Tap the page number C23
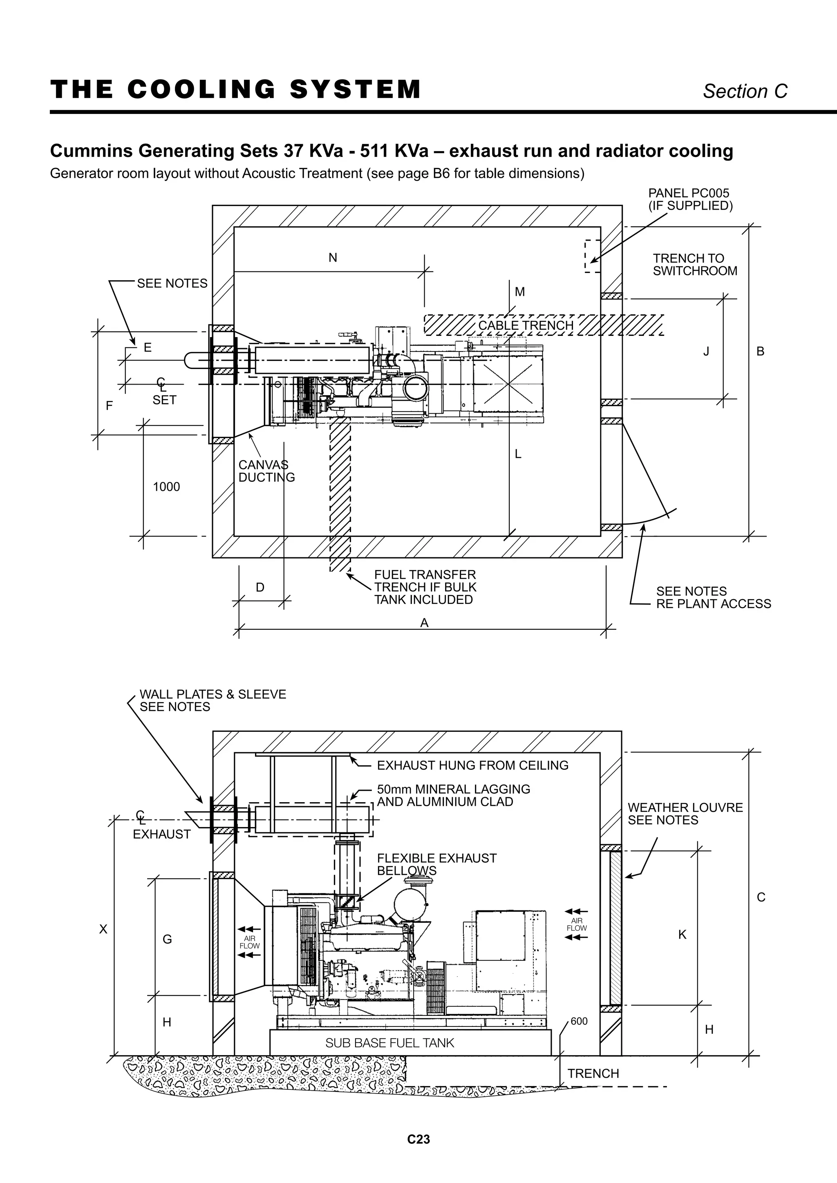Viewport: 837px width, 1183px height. pyautogui.click(x=418, y=1139)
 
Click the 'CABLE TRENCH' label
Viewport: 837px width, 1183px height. pyautogui.click(x=525, y=325)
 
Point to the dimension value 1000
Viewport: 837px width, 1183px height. pyautogui.click(x=166, y=487)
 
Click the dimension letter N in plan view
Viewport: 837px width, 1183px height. pyautogui.click(x=333, y=257)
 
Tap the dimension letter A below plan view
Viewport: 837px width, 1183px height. pyautogui.click(x=424, y=623)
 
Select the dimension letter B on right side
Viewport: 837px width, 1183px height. pyautogui.click(x=760, y=351)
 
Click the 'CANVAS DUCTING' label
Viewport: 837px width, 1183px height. pyautogui.click(x=266, y=471)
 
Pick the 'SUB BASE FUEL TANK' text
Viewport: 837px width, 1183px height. pyautogui.click(x=389, y=1043)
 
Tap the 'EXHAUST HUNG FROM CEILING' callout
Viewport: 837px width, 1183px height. pyautogui.click(x=472, y=765)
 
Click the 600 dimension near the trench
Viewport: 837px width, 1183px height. pyautogui.click(x=579, y=1021)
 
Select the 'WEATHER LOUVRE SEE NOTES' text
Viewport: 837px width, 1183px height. pyautogui.click(x=685, y=814)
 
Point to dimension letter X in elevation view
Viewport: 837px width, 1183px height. pyautogui.click(x=103, y=929)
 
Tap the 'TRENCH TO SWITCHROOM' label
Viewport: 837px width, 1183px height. pyautogui.click(x=694, y=264)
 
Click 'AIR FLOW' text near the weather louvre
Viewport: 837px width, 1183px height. pyautogui.click(x=577, y=924)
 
